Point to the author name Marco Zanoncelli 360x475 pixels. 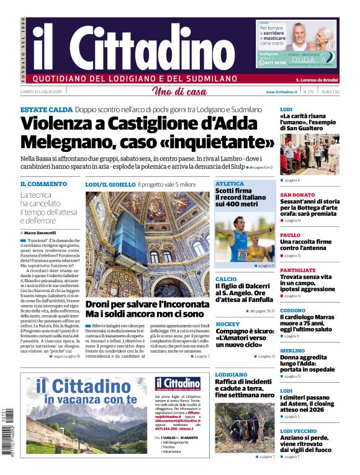pos(40,233)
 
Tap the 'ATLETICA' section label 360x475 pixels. pos(230,184)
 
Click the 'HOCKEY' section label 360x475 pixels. pos(227,324)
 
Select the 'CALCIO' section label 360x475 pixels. pos(226,279)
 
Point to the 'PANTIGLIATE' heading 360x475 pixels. pos(298,270)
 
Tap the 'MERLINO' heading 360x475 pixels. pos(292,350)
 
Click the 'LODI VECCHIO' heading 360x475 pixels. pos(298,430)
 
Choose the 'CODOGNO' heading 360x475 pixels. pos(292,310)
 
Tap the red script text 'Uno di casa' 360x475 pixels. pos(180,92)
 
